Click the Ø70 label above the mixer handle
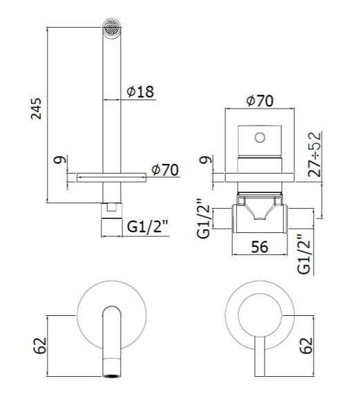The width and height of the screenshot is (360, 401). click(260, 101)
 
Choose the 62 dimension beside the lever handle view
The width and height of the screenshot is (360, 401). click(306, 346)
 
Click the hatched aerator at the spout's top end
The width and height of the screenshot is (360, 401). click(111, 28)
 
